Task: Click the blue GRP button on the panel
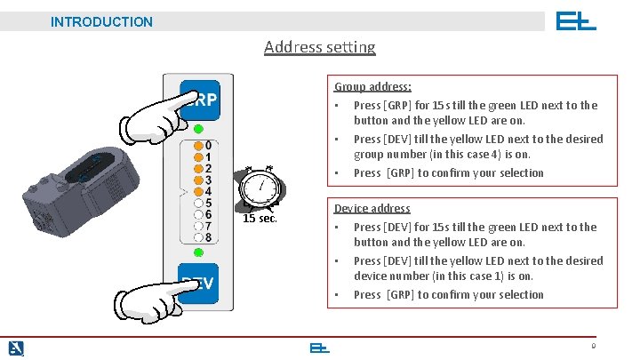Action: [201, 100]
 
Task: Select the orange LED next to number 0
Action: [197, 145]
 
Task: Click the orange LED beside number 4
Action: [197, 190]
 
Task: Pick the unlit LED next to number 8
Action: [197, 236]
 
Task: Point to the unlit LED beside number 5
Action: [197, 203]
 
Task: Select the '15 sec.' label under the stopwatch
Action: [260, 218]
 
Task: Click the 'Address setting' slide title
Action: [320, 47]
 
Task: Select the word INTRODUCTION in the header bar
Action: [101, 21]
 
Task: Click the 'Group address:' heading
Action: [372, 87]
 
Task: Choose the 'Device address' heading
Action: [372, 209]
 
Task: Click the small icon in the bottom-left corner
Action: [16, 348]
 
